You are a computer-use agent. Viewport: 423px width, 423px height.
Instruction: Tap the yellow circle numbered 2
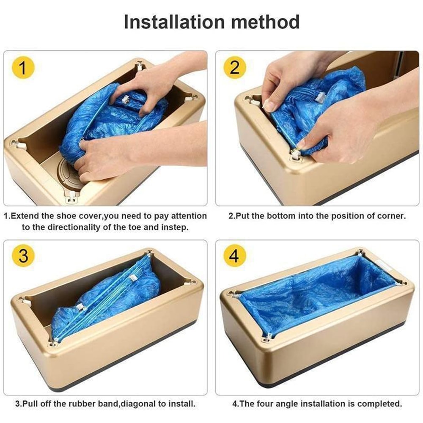pos(235,68)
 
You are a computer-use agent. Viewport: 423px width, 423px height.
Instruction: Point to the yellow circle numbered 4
pos(235,256)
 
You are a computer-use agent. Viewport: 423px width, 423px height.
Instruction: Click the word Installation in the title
pos(178,22)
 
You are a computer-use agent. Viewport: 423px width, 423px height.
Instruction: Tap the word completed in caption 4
pos(380,404)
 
